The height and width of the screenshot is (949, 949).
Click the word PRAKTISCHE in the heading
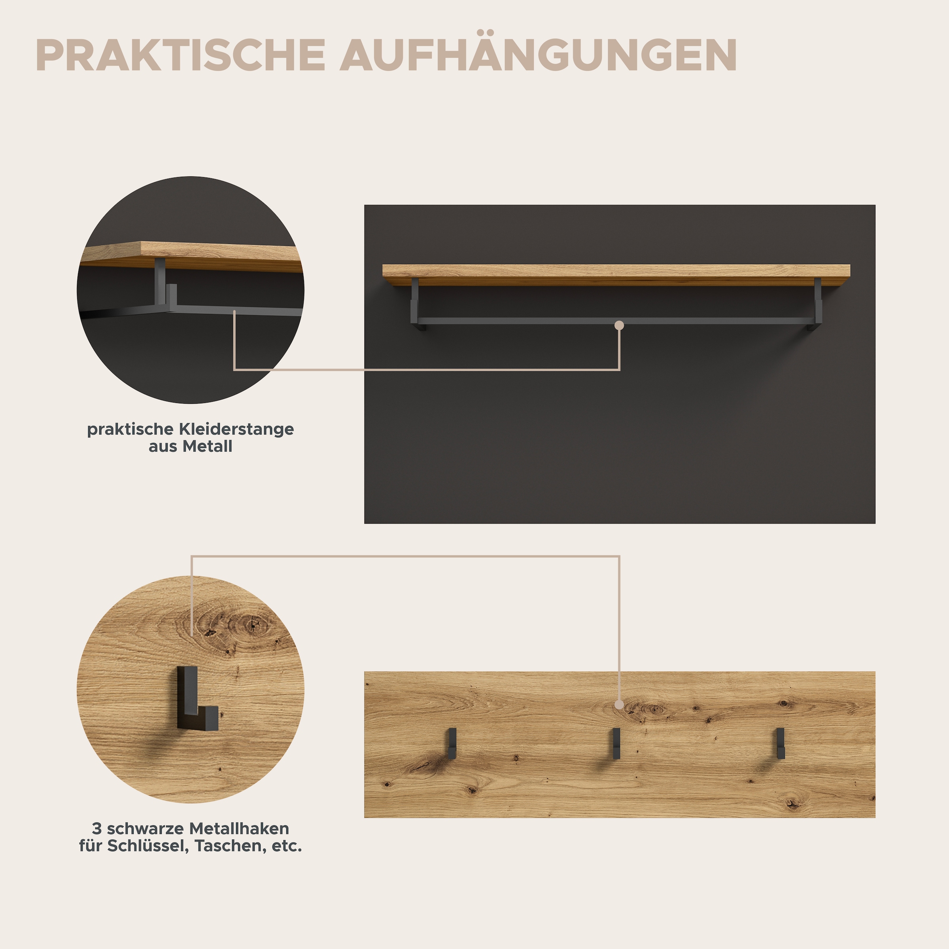180,55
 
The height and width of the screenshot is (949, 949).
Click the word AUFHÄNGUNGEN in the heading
538,55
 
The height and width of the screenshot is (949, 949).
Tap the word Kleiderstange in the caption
236,429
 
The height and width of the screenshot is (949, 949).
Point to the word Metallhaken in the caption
239,829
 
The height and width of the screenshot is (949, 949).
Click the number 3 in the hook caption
97,829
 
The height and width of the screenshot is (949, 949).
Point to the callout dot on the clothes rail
619,325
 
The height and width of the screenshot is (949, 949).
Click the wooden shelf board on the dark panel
616,274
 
